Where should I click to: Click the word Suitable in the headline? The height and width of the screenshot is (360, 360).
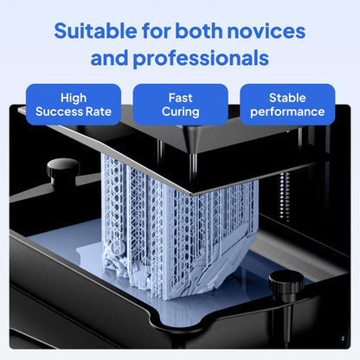95,30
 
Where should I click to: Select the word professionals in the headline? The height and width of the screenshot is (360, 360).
201,59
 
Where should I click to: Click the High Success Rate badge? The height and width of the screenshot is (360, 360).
74,105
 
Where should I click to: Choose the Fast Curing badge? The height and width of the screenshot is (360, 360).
180,105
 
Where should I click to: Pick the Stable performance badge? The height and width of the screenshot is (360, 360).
287,105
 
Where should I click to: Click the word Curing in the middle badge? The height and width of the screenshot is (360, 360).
180,112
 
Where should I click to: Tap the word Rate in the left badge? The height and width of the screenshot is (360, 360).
99,112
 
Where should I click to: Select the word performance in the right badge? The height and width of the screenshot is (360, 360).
287,112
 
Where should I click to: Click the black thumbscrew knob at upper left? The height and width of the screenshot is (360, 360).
63,171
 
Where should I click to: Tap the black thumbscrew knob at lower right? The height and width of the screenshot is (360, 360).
286,286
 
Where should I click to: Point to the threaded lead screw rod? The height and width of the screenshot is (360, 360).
285,196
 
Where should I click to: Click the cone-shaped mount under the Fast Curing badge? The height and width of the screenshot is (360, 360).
192,138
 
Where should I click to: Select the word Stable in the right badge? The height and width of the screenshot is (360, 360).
287,98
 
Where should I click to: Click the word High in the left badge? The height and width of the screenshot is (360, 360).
74,99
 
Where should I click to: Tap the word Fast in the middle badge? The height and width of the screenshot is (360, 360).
180,98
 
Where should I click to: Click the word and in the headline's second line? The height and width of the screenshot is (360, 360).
109,58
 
